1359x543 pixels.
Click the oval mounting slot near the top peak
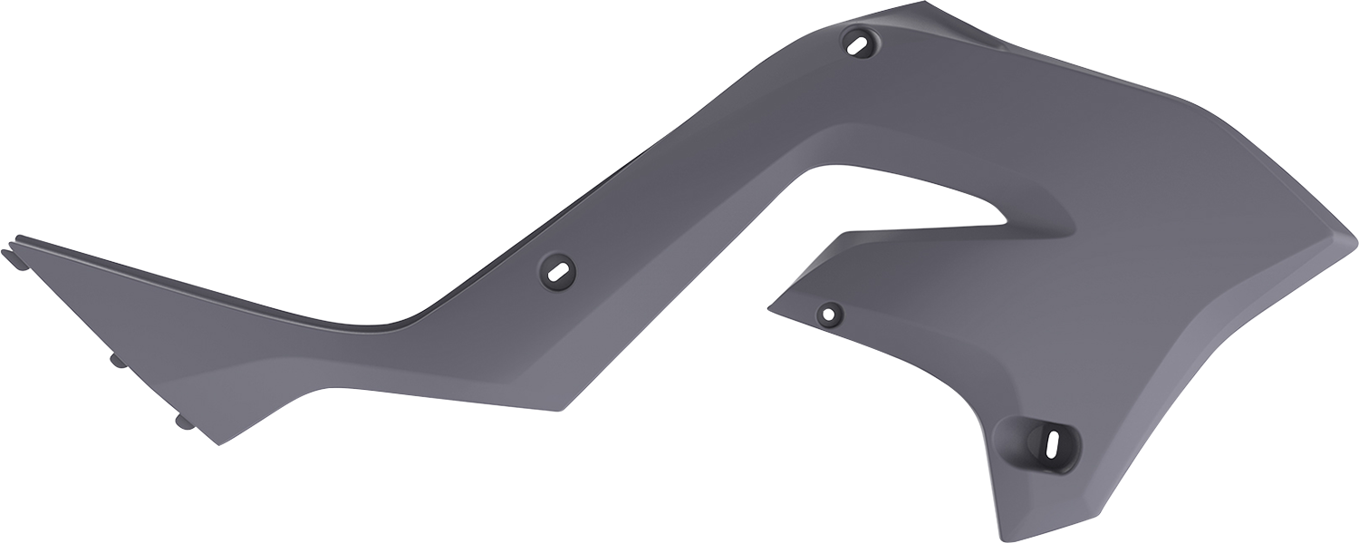pos(859,41)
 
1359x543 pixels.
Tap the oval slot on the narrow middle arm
pos(557,270)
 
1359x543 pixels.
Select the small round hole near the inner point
pos(829,314)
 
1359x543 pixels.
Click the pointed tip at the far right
pos(1355,243)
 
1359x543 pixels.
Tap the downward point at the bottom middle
pos(563,410)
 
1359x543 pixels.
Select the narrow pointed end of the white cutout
pos(1004,219)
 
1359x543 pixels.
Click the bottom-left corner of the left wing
pos(218,444)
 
